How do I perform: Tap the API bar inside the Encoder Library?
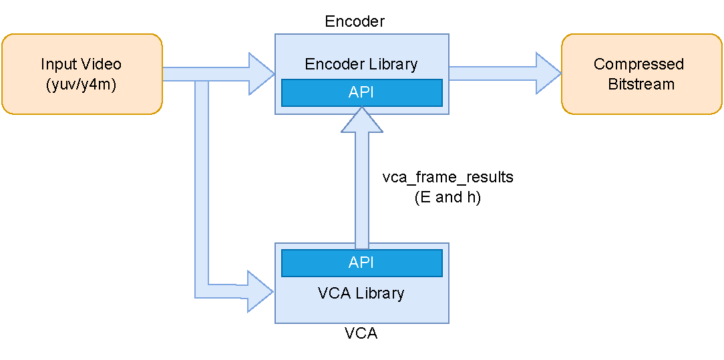pyautogui.click(x=361, y=93)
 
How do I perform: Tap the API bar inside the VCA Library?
pyautogui.click(x=361, y=262)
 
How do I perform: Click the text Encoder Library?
pyautogui.click(x=361, y=64)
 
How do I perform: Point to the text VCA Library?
pyautogui.click(x=361, y=293)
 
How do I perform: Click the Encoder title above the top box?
pyautogui.click(x=355, y=21)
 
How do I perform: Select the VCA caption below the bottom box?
pyautogui.click(x=361, y=334)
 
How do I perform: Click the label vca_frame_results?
pyautogui.click(x=447, y=178)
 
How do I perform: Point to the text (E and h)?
pyautogui.click(x=447, y=197)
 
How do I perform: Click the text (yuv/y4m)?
pyautogui.click(x=81, y=85)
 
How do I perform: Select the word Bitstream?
pyautogui.click(x=641, y=84)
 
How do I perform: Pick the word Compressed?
pyautogui.click(x=639, y=64)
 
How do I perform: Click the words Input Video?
pyautogui.click(x=81, y=64)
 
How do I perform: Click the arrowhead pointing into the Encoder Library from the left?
pyautogui.click(x=261, y=73)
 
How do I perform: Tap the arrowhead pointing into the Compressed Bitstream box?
pyautogui.click(x=548, y=73)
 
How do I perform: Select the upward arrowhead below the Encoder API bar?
pyautogui.click(x=361, y=120)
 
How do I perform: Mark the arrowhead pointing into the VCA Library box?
pyautogui.click(x=261, y=291)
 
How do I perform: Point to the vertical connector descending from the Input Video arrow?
pyautogui.click(x=202, y=187)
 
